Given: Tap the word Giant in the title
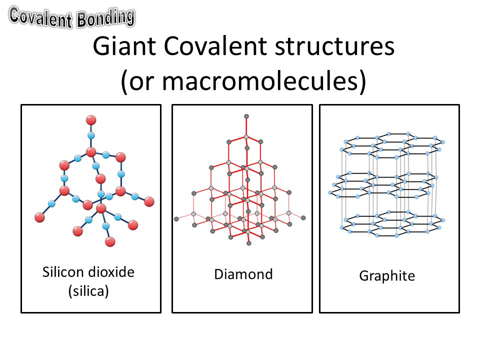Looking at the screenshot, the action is pos(124,46).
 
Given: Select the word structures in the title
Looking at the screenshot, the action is pos(334,46).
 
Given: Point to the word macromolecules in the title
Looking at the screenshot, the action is pos(259,81).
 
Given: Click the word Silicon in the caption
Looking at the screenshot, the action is pos(63,272).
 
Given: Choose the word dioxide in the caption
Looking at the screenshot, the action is pos(111,272).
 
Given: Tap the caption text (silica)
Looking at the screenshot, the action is pos(88,291).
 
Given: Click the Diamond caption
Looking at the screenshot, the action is pos(243,274).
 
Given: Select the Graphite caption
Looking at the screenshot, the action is pos(387,276).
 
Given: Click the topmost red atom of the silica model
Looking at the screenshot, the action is pos(91,120).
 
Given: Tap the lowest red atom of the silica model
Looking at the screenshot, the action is pos(110,241).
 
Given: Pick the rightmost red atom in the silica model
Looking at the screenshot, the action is pos(149,201).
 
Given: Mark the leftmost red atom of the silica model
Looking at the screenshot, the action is pos(39,217).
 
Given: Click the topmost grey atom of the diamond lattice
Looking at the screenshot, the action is pos(246,116).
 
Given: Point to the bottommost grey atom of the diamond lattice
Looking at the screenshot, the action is pos(249,243).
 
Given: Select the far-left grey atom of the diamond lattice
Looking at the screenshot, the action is pos(176,219).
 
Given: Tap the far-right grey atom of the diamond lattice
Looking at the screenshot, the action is pos(303,218).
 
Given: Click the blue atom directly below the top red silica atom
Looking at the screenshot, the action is pos(91,135).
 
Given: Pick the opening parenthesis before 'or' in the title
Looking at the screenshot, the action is pos(124,81).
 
